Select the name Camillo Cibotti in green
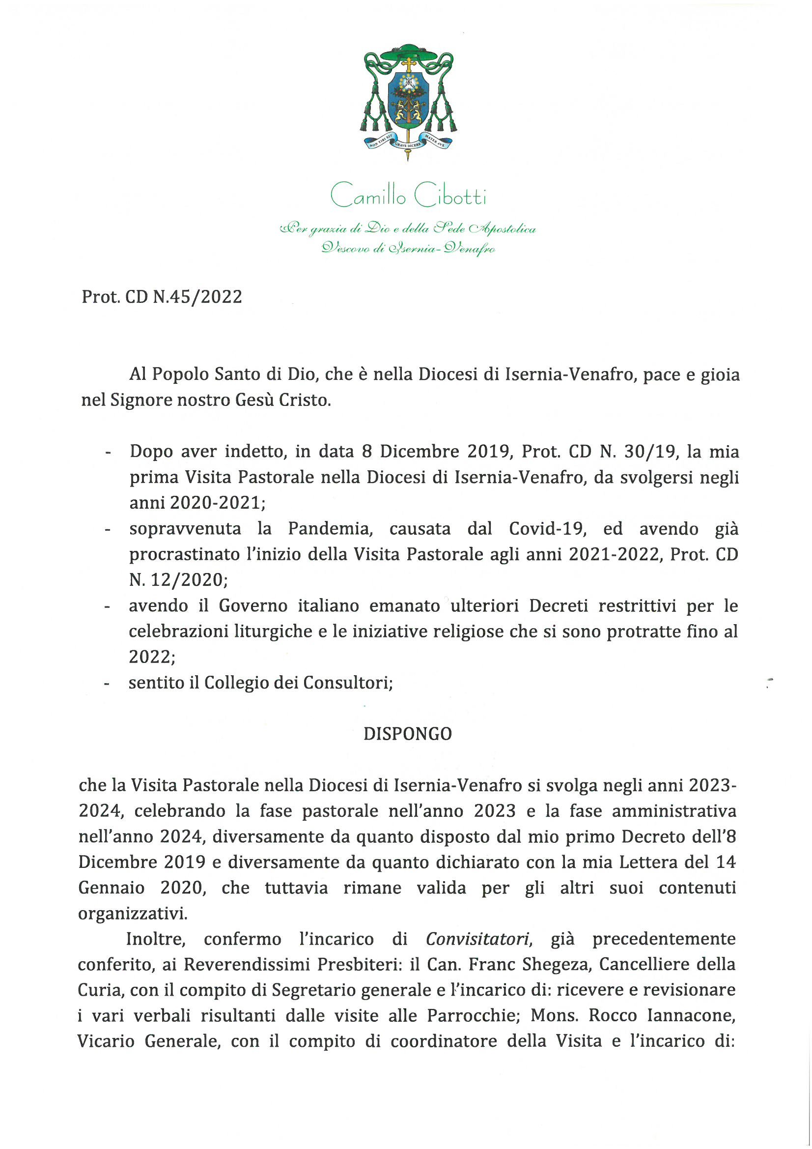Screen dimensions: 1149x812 click(x=408, y=196)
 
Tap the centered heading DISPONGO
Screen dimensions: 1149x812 click(x=407, y=734)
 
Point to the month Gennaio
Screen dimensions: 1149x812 click(x=111, y=888)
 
